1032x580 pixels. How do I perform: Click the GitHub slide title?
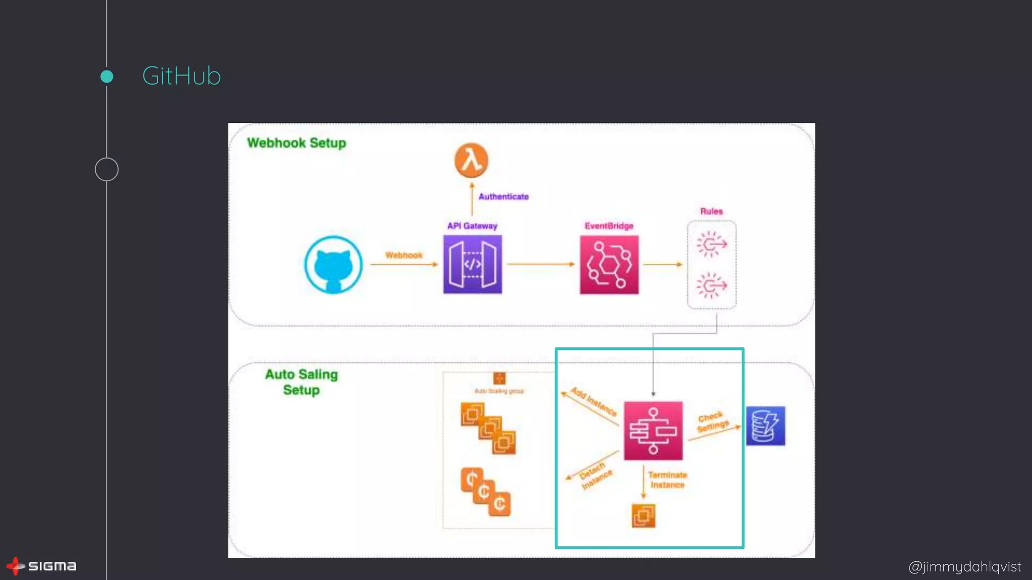181,76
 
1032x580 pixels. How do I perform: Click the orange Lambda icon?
471,161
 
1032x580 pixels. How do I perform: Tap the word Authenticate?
503,197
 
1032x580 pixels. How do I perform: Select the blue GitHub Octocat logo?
333,265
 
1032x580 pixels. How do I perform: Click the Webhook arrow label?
404,255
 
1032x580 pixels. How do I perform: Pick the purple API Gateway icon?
472,264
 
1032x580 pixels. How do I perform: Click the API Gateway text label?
472,226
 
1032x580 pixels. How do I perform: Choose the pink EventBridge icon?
609,265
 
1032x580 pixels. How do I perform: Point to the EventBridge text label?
609,226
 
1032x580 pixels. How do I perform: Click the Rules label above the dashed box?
711,211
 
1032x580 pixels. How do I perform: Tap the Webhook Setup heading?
296,143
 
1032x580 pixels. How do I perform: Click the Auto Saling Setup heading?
301,382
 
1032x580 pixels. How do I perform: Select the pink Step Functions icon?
653,430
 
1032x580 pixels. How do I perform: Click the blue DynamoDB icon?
765,426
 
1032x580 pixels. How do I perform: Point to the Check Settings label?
713,422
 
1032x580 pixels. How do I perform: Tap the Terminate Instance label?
667,480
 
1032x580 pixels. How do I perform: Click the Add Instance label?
594,402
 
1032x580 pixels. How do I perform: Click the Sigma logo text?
52,566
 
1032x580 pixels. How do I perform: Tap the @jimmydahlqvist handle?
964,567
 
